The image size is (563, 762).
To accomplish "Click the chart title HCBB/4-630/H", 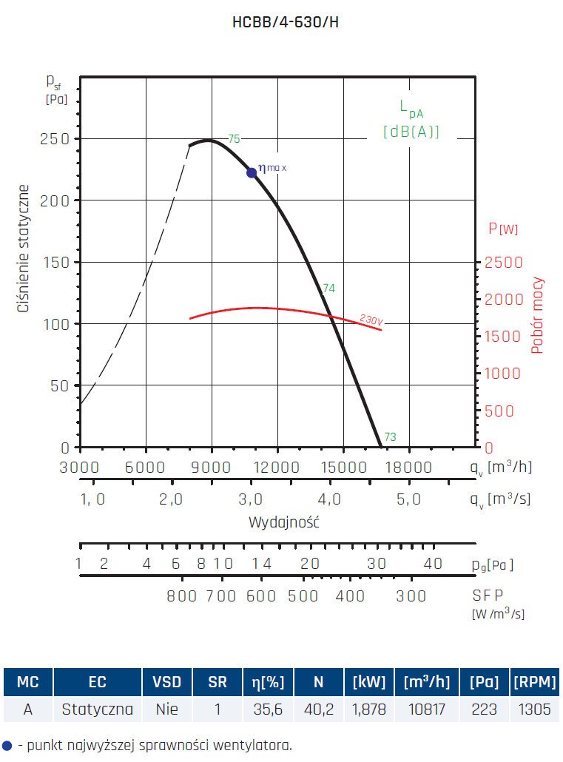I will click(x=286, y=22).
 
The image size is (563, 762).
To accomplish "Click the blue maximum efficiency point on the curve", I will click(x=252, y=172).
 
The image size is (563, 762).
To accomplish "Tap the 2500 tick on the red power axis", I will click(x=503, y=263).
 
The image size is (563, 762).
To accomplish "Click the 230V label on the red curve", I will click(x=371, y=320).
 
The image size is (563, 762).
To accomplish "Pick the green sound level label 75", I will click(x=234, y=138).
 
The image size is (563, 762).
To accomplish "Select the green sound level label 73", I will click(x=390, y=437).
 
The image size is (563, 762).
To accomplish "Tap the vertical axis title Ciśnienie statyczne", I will click(x=24, y=248).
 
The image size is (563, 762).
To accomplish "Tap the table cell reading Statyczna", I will click(x=97, y=710).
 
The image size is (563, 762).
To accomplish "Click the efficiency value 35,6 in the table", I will click(x=268, y=710).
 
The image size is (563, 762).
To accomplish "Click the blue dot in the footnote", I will click(x=7, y=744).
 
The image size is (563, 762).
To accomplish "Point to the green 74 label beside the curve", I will click(x=328, y=289).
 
